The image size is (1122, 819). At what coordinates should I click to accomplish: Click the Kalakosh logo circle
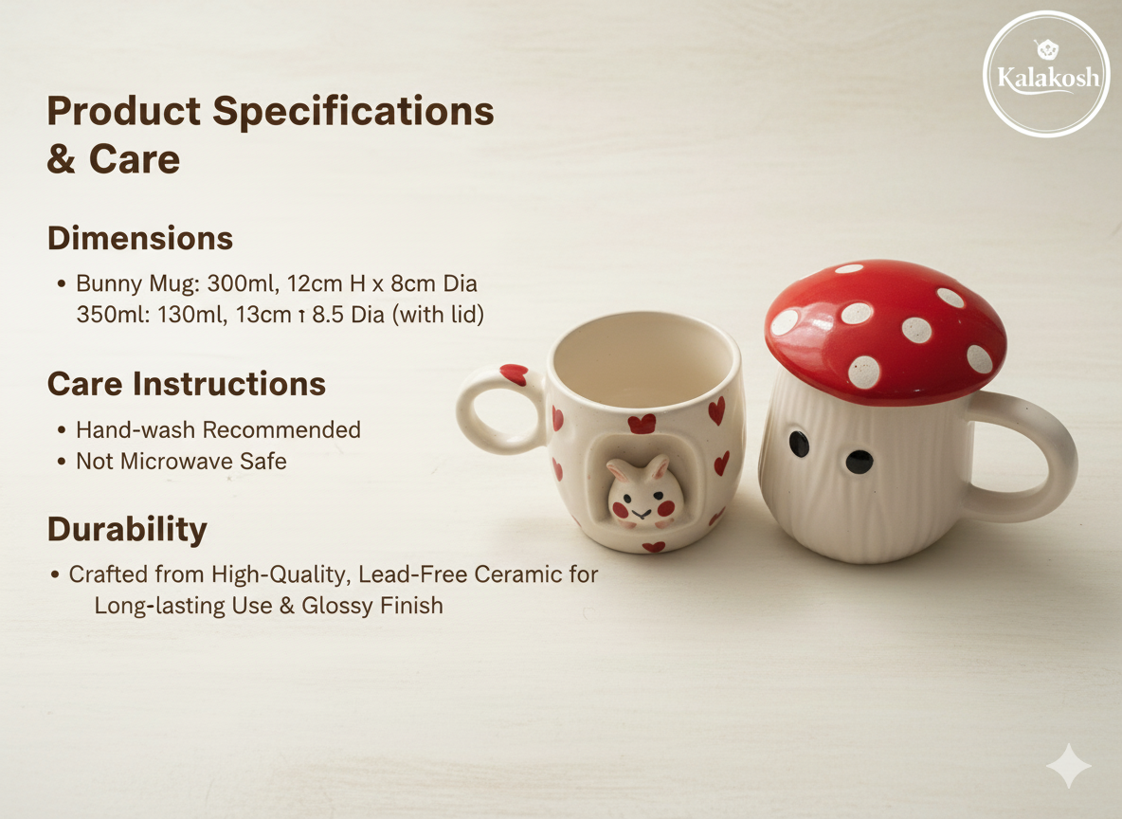coord(1046,74)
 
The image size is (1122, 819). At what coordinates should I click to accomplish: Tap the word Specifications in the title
coord(353,111)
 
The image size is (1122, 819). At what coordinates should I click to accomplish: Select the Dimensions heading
coord(140,238)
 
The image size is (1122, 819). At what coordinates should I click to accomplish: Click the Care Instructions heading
coord(187,384)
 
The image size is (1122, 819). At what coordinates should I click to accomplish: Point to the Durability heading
coord(127,529)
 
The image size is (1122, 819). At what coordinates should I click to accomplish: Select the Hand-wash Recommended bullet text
coord(218,429)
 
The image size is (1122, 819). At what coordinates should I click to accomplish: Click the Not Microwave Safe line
coord(181,462)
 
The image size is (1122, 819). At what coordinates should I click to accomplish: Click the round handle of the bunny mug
coord(495,409)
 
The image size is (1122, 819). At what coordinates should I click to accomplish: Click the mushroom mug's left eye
coord(799,443)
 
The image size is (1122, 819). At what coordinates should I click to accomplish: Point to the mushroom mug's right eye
coord(859,462)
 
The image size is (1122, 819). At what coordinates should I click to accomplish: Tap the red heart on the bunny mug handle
coord(513,374)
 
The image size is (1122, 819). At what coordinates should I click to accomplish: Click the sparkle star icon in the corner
coord(1068,766)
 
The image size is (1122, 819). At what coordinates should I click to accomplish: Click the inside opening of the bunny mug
coord(644,360)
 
